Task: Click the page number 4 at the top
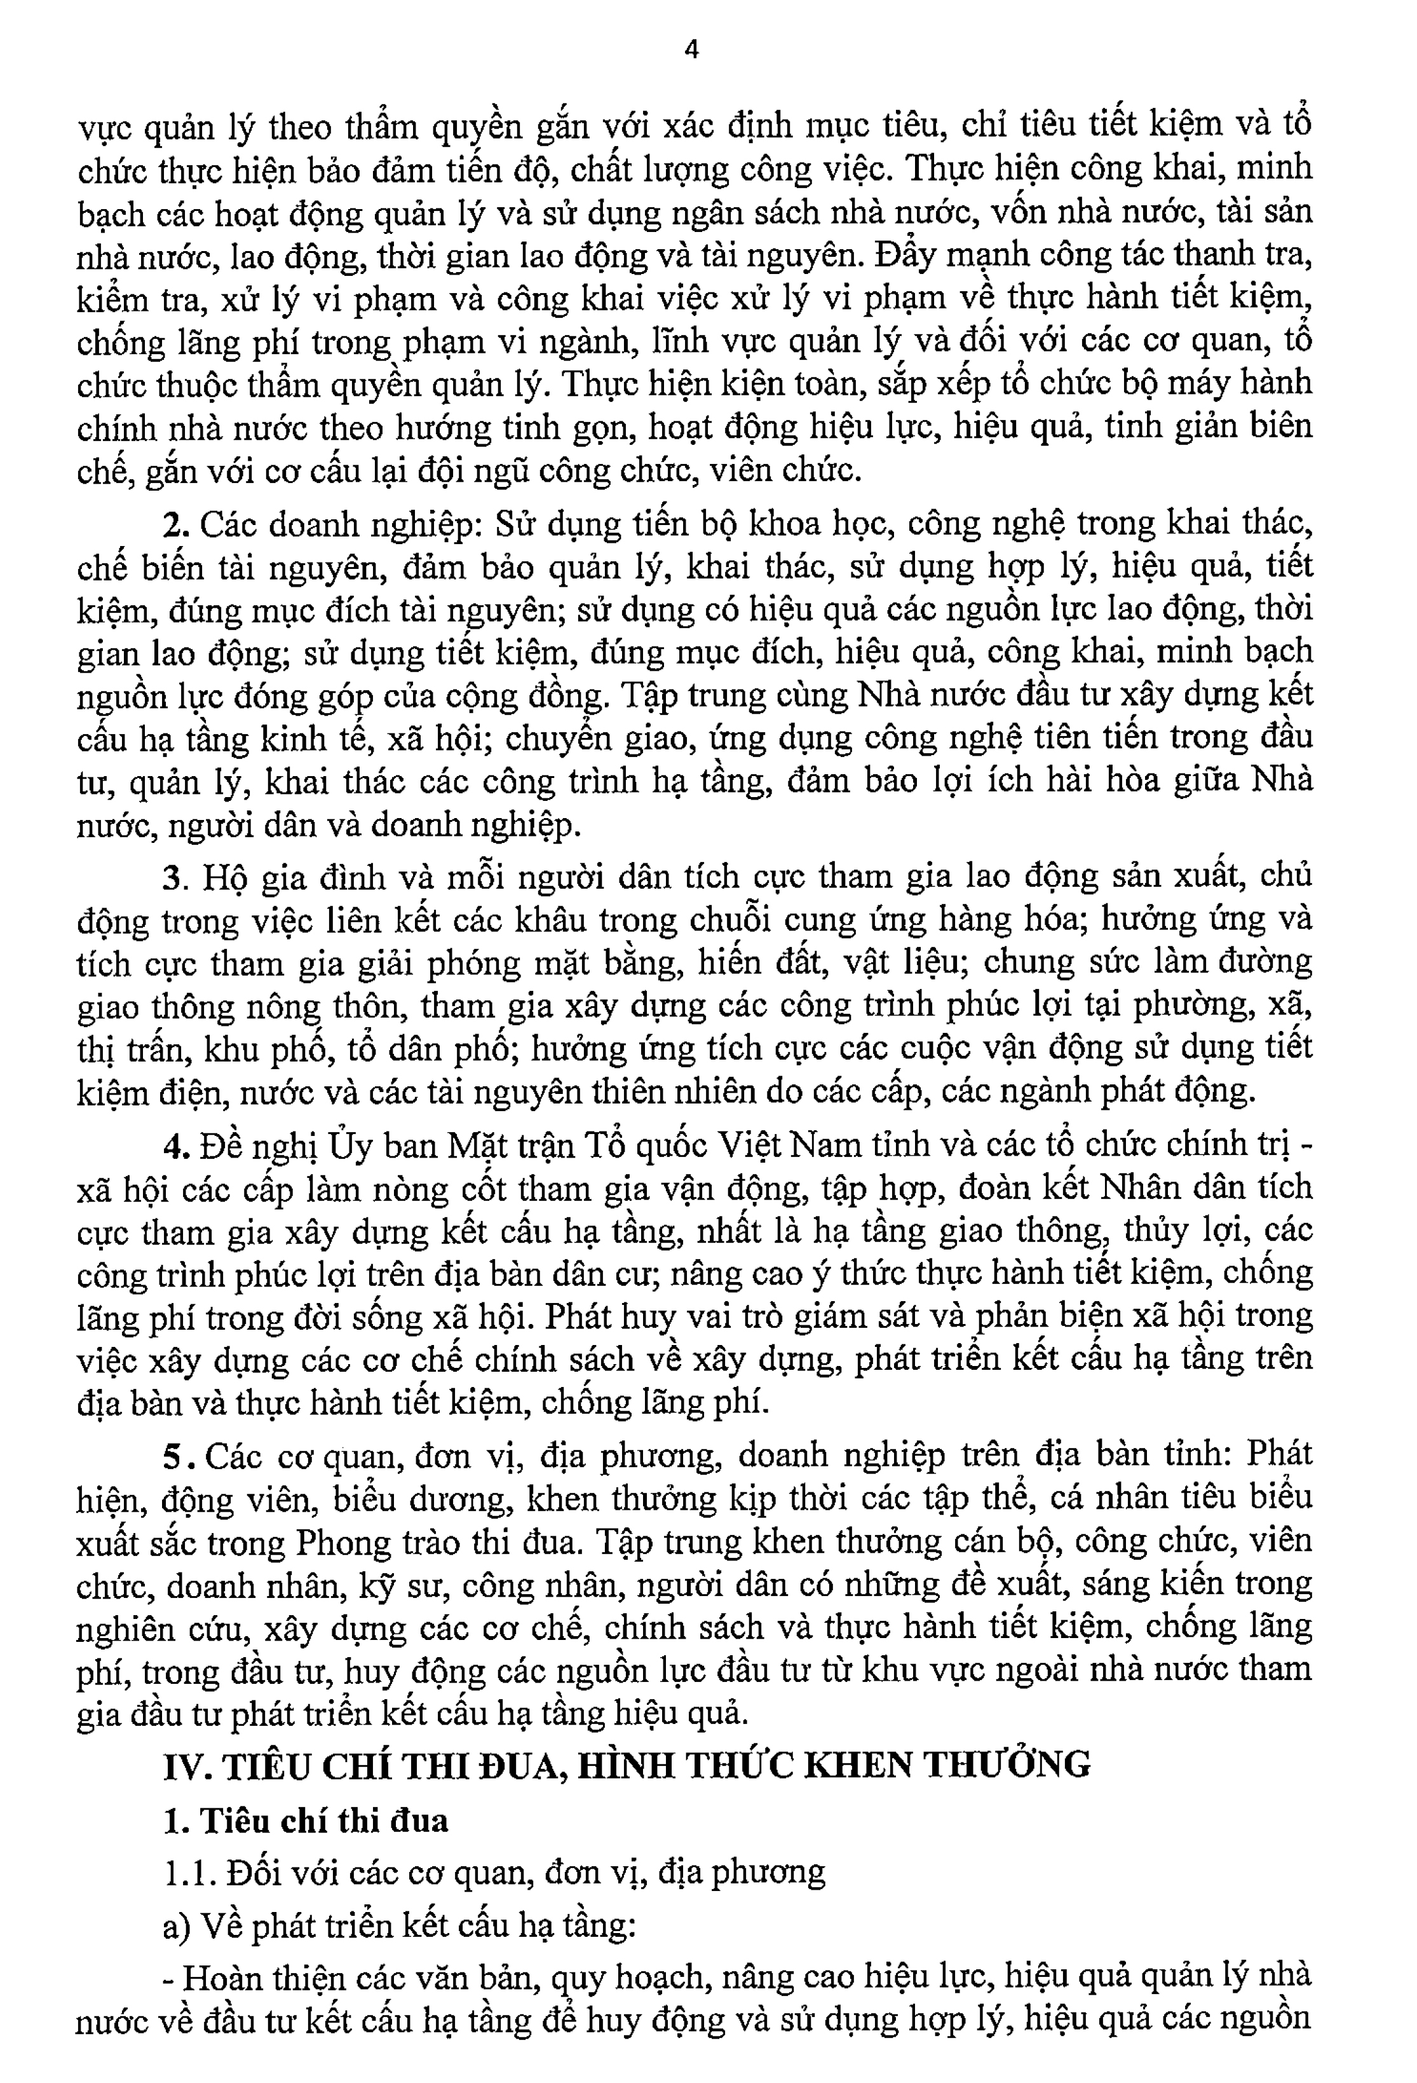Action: (x=691, y=51)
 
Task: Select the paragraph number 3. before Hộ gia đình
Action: (x=174, y=877)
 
